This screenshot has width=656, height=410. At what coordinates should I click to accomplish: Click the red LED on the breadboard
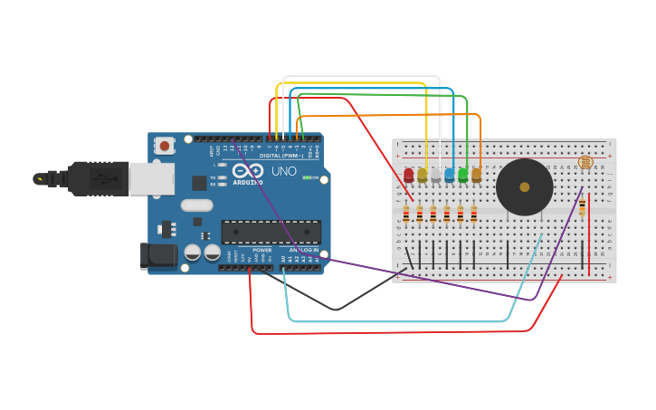point(409,175)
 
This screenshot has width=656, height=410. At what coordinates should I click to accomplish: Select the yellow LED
point(423,175)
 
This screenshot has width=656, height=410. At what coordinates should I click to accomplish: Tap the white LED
point(436,175)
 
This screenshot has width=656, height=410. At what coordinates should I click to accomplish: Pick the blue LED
point(450,175)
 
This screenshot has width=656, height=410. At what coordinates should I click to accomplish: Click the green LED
point(463,175)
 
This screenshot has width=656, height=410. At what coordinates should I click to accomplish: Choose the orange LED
point(477,175)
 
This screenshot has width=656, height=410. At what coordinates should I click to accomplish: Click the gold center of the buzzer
point(525,187)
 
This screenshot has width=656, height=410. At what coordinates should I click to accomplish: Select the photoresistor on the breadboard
point(585,162)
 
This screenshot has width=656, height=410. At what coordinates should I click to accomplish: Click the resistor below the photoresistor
point(582,207)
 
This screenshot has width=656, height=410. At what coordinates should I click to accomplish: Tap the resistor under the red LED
point(406,215)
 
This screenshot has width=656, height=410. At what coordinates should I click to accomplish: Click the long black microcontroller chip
point(271,232)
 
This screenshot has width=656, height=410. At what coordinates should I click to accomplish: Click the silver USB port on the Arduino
point(151,179)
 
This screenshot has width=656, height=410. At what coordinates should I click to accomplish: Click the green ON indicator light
point(307,177)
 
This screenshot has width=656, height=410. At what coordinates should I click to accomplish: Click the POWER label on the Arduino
point(261,250)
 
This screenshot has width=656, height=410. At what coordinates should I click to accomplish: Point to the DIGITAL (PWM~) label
point(281,156)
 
